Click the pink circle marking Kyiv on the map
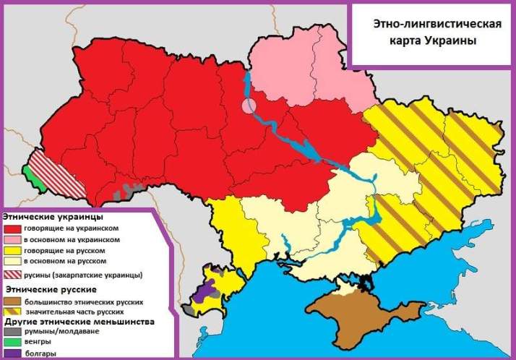(x=248, y=106)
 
